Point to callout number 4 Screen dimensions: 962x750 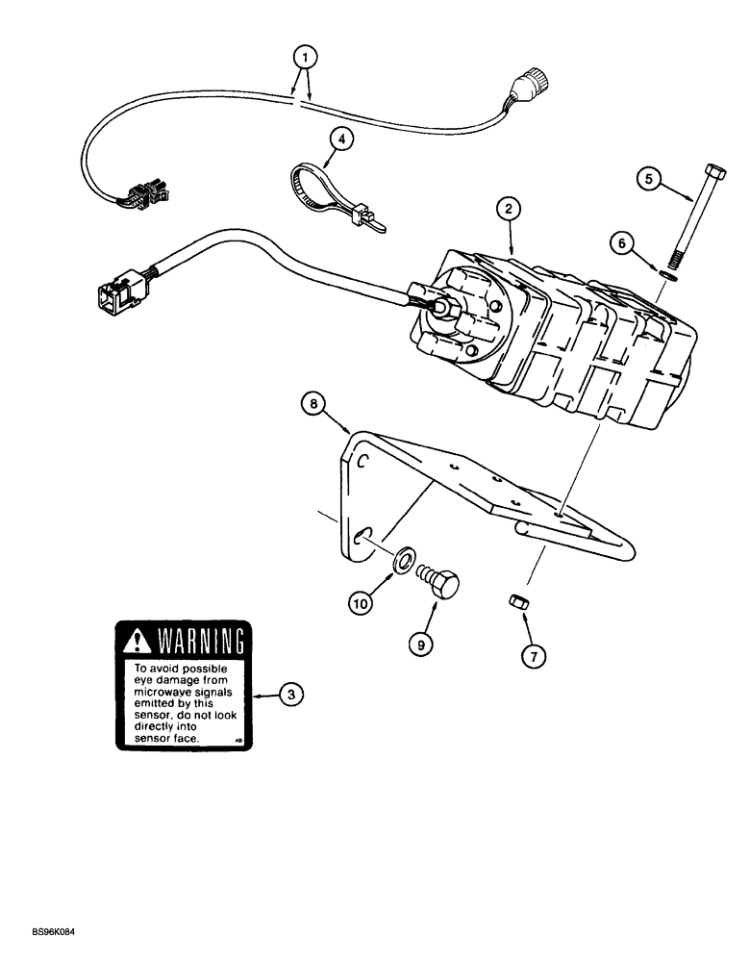coord(339,140)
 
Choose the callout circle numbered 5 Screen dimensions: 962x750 coord(649,178)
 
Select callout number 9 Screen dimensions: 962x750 coord(419,644)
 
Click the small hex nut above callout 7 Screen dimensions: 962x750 coord(513,603)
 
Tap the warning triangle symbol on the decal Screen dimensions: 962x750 coord(137,638)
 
